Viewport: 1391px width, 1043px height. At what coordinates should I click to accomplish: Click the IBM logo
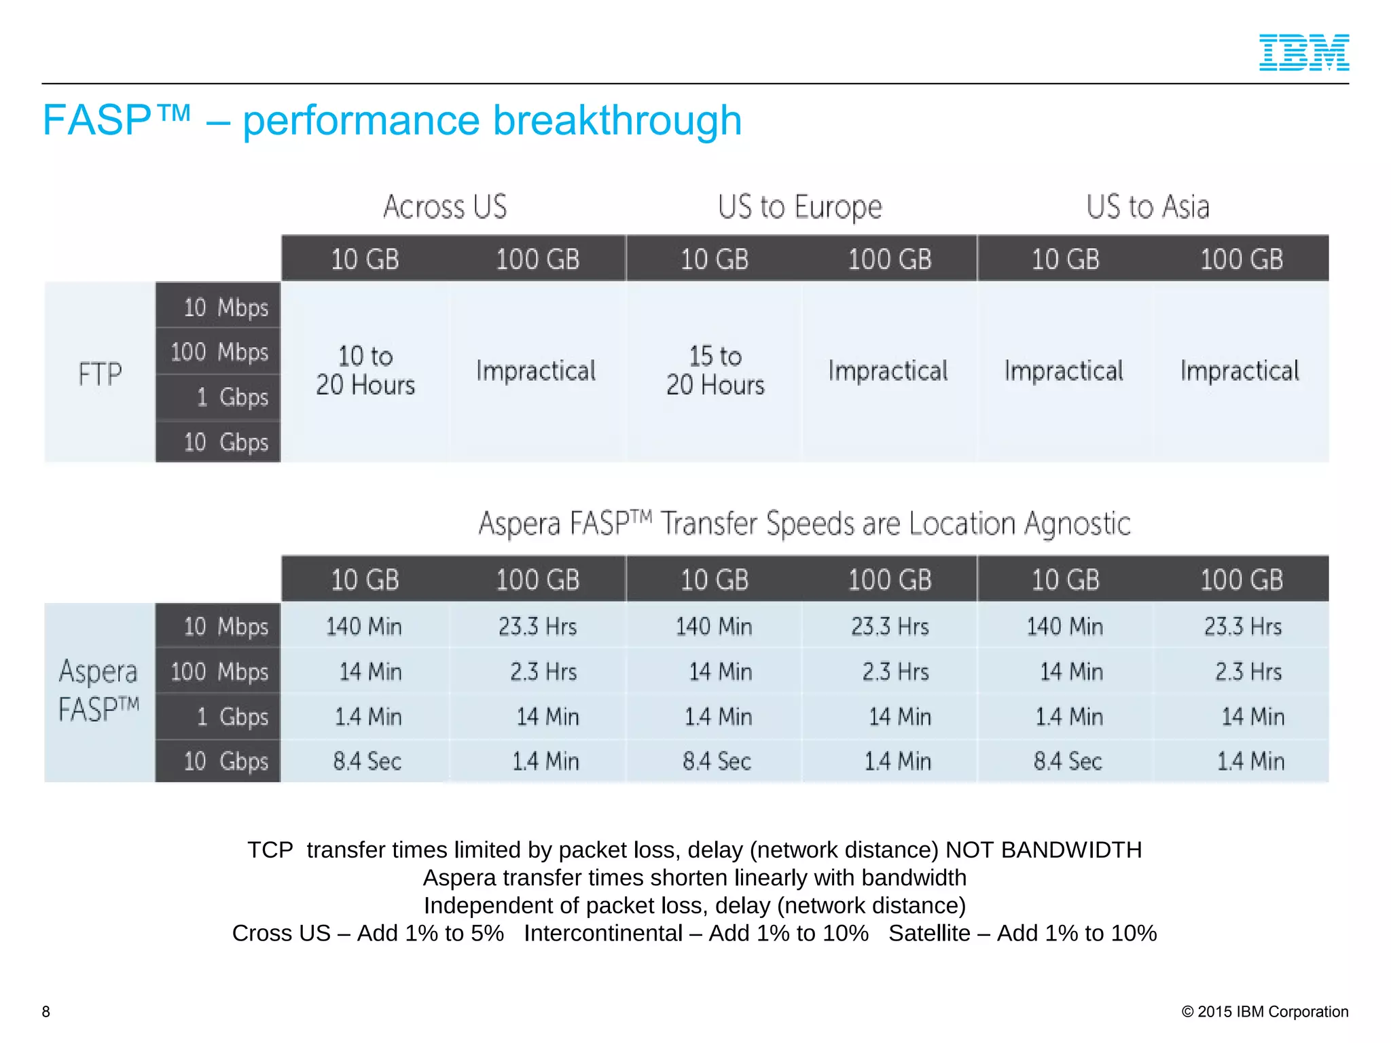pyautogui.click(x=1303, y=52)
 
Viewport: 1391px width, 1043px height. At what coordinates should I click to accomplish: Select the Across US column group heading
pyautogui.click(x=445, y=206)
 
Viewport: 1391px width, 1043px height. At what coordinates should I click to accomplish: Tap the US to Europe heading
pyautogui.click(x=799, y=206)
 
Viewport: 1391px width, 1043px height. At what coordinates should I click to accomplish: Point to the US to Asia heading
pyautogui.click(x=1147, y=206)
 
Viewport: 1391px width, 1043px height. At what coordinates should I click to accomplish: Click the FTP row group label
pyautogui.click(x=100, y=373)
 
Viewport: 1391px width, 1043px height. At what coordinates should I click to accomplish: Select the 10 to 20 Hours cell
pyautogui.click(x=365, y=371)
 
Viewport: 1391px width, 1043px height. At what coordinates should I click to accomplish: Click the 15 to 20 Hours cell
pyautogui.click(x=715, y=371)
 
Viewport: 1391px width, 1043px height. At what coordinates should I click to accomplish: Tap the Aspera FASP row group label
pyautogui.click(x=98, y=690)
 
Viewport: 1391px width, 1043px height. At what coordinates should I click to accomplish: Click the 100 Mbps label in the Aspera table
pyautogui.click(x=219, y=672)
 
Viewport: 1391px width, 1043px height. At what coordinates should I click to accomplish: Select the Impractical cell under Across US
pyautogui.click(x=536, y=371)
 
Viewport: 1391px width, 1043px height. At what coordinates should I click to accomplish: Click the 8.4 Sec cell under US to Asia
pyautogui.click(x=1067, y=761)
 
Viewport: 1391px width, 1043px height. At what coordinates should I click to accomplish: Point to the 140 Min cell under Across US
pyautogui.click(x=364, y=626)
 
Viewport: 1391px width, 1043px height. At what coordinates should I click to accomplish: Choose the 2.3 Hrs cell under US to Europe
pyautogui.click(x=895, y=672)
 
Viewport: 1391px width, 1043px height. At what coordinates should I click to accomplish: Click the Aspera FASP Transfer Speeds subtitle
pyautogui.click(x=804, y=524)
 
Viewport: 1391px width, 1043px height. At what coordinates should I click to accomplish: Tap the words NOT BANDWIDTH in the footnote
pyautogui.click(x=1043, y=849)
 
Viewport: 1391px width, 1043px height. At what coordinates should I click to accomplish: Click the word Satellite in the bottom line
pyautogui.click(x=929, y=933)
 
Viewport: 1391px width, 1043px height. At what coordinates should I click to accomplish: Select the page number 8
pyautogui.click(x=46, y=1012)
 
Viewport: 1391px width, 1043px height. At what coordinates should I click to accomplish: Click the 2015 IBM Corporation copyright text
pyautogui.click(x=1265, y=1012)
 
